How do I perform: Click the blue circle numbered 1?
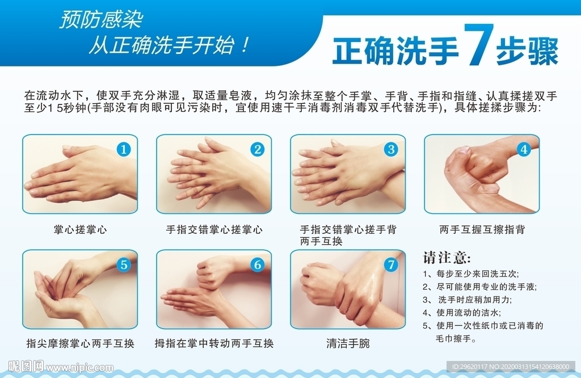pos(124,149)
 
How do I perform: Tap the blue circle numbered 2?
pos(258,149)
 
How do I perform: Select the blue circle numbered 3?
pos(391,149)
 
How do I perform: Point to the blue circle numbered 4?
pos(524,149)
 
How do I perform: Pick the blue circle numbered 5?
pos(124,264)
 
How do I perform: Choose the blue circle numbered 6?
pos(258,264)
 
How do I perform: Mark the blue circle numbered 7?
pos(391,264)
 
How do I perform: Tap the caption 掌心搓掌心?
pos(81,230)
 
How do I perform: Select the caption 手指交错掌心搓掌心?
pos(214,230)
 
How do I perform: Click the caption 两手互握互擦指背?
pos(482,230)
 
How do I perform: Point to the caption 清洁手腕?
pos(348,343)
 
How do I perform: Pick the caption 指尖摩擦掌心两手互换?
pos(81,343)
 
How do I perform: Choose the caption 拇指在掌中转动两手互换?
pos(214,343)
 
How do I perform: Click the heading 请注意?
pos(447,258)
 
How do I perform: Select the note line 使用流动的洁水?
pos(468,313)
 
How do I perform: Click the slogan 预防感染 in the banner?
pos(101,20)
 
